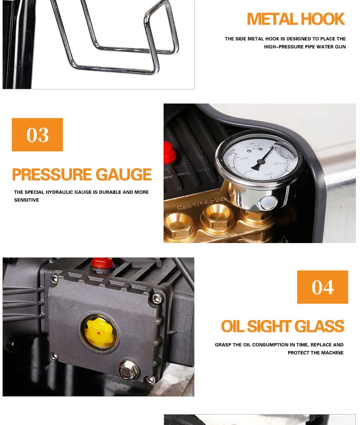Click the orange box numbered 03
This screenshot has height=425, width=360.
[37, 135]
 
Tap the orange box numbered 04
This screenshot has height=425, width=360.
[323, 287]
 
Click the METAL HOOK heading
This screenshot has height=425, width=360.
[296, 19]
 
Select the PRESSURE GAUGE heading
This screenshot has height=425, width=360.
[82, 175]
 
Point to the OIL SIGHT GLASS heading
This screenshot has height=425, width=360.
[283, 327]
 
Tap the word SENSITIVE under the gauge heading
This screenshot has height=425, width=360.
[26, 200]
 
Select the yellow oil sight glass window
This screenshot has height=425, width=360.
[98, 331]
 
